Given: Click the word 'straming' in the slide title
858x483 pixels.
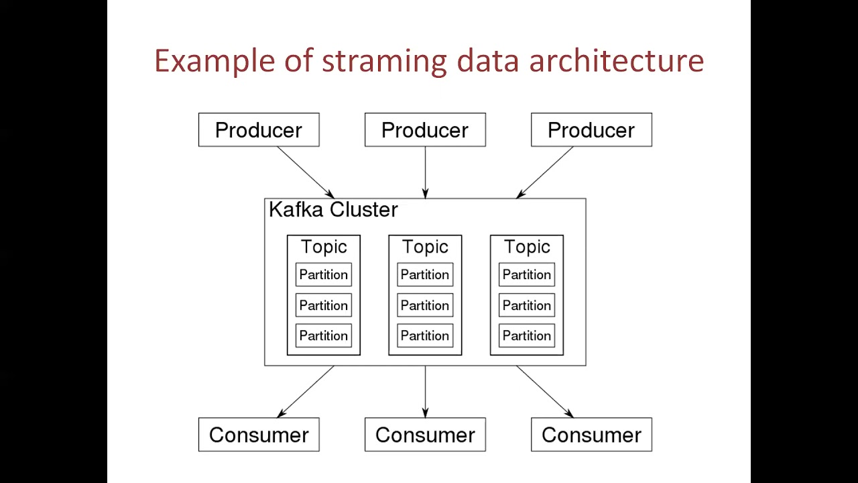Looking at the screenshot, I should pos(384,61).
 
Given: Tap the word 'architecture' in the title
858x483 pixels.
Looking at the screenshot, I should pos(616,61).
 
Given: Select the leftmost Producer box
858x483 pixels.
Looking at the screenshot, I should pos(259,130).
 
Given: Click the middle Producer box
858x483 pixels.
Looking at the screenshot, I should pos(425,130).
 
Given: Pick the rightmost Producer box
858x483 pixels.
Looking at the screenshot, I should pos(591,130).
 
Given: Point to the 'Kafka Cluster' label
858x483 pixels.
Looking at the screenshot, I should pos(333,210).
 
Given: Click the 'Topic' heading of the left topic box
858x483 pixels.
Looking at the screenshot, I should pos(324,247).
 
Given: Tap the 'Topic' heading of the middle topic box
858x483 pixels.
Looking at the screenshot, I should pos(425,247).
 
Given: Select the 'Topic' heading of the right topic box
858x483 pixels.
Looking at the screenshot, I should pos(527,247).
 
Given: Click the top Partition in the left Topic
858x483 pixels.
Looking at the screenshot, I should pos(324,275).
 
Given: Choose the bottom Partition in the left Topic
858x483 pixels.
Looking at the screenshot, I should pos(324,335).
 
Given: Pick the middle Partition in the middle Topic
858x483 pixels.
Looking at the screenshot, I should pos(425,305).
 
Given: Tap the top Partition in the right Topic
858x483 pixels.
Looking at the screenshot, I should pos(527,275).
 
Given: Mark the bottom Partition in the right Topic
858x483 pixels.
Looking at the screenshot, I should pos(527,335).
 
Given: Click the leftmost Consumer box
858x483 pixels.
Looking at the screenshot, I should pos(259,435).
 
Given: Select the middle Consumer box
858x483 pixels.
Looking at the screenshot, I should pos(425,435).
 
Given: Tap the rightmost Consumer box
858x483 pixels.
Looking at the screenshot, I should pos(591,435).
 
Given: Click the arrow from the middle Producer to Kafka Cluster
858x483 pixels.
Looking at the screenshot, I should pos(425,172).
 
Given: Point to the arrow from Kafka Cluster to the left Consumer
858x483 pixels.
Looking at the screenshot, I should pos(306,392).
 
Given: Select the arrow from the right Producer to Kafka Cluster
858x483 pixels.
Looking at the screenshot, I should pos(545,172).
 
